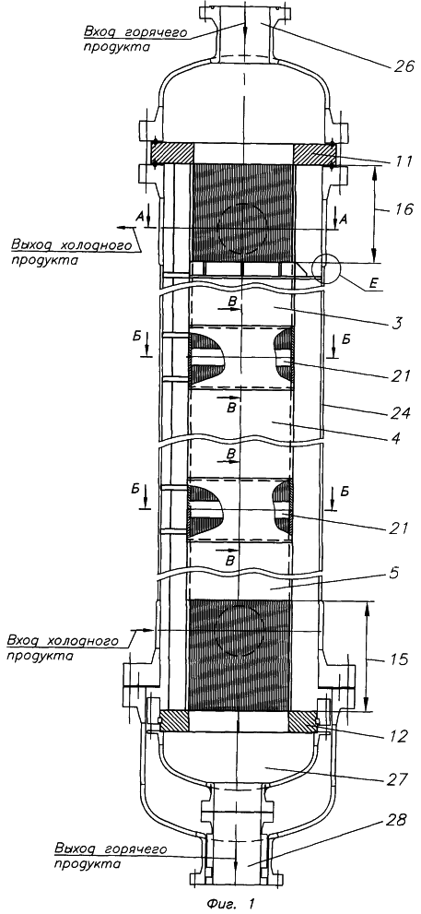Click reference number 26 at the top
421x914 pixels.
click(400, 68)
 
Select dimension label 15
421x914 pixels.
click(397, 659)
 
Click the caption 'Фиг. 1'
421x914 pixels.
click(230, 904)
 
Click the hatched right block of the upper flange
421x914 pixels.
click(314, 154)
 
